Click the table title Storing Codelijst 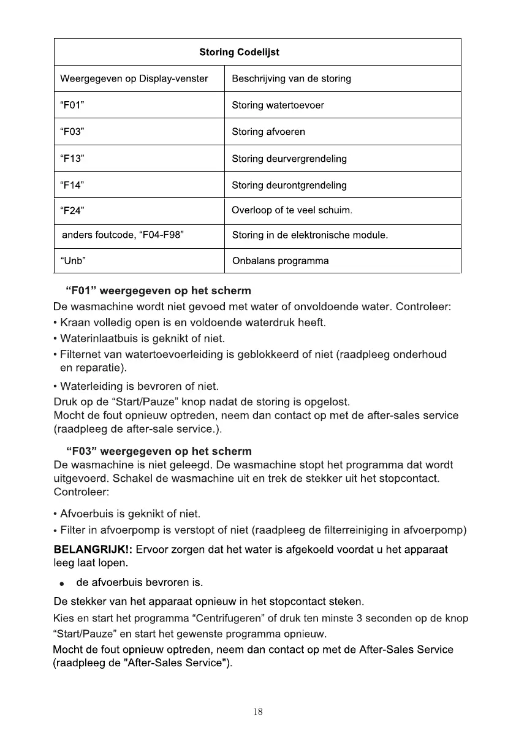tap(239, 52)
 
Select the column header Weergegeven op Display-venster tap(134, 78)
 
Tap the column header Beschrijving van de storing tap(291, 78)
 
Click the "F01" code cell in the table tap(72, 105)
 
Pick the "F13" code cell tap(72, 159)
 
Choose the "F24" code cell tap(72, 211)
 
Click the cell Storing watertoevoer tap(278, 105)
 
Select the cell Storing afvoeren tap(268, 132)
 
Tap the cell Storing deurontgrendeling tap(289, 185)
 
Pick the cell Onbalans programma tap(280, 261)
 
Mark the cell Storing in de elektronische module tap(310, 235)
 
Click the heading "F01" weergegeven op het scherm tap(158, 290)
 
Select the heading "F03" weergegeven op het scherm tap(158, 452)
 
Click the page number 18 tap(258, 712)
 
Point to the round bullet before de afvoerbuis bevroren tap(62, 582)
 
